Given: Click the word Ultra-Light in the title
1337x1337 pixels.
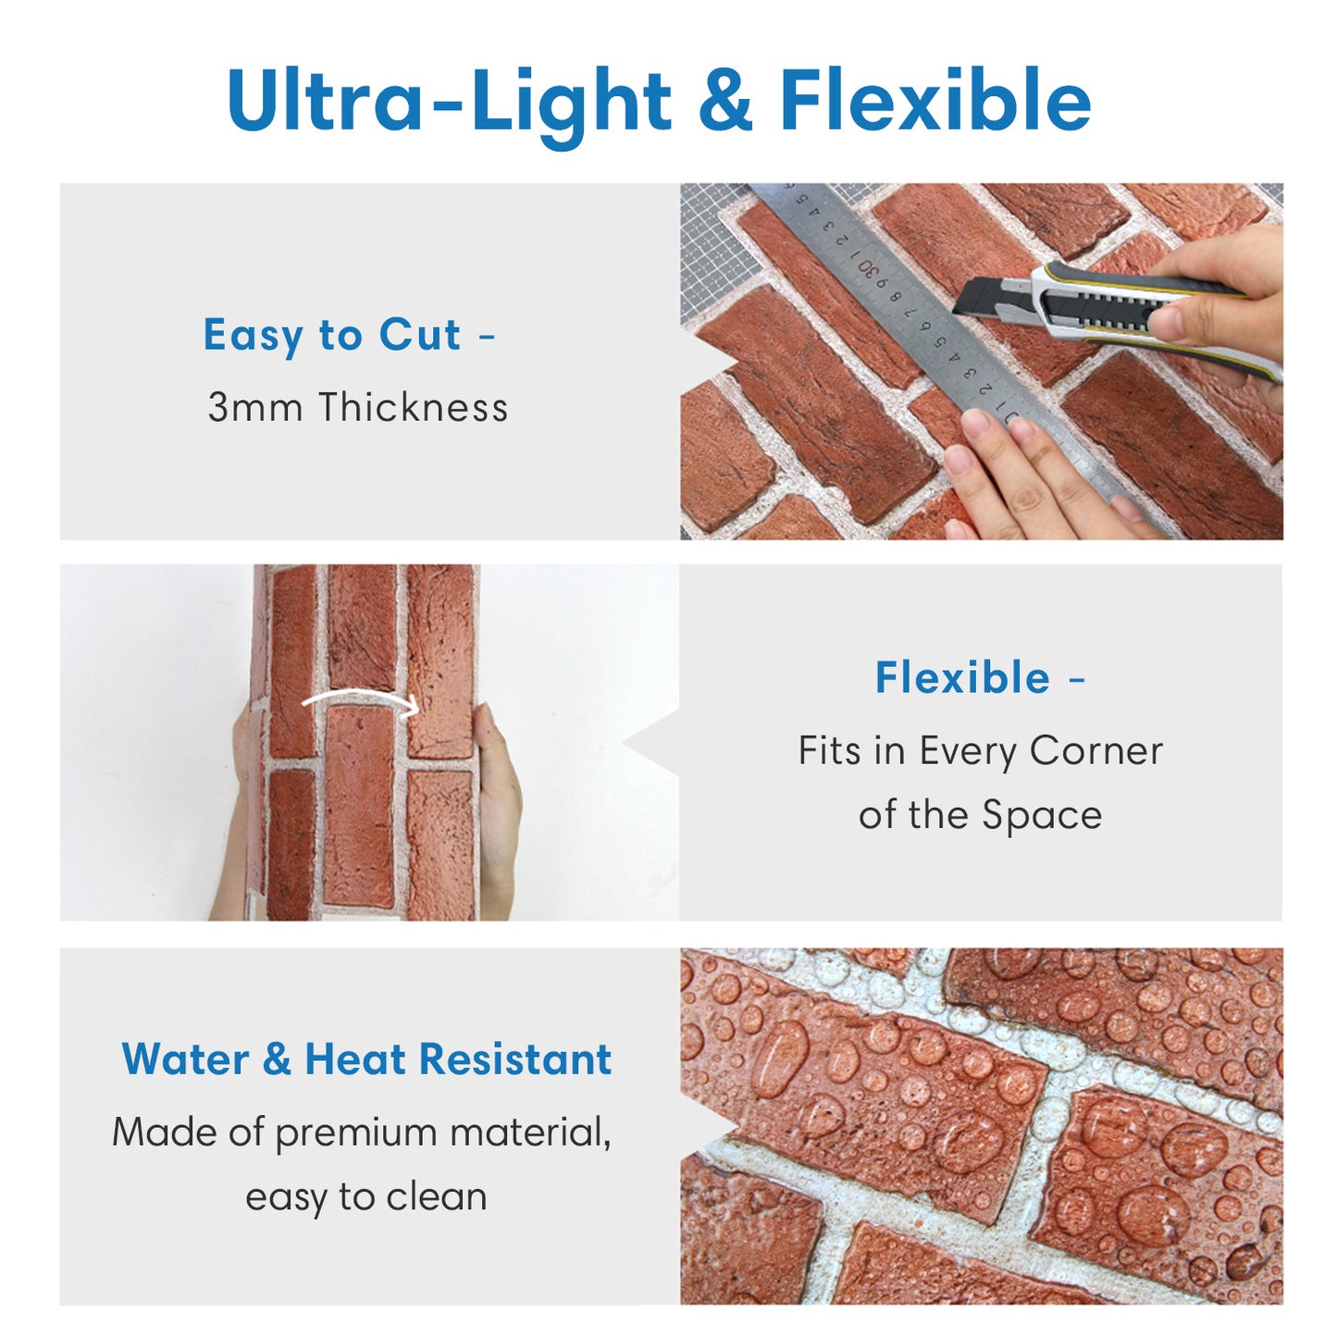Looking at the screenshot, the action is tap(448, 101).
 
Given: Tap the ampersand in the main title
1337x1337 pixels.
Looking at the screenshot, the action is tap(724, 99).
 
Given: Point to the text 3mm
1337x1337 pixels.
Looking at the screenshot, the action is tap(254, 407).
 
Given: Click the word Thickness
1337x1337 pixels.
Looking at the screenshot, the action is tap(413, 406).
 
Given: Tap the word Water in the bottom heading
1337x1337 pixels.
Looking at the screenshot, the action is tap(185, 1059).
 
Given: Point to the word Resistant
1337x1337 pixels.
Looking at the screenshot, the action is tap(515, 1059).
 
